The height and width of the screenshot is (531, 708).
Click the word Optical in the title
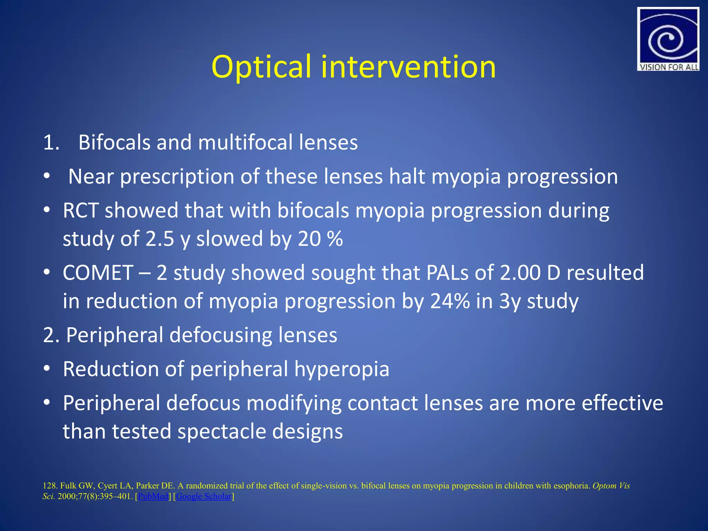coord(261,67)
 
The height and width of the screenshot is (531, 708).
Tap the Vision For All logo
coord(668,39)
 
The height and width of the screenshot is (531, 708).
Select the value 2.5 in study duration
coord(160,239)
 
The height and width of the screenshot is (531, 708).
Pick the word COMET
coord(98,273)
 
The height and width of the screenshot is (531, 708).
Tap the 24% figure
coord(450,301)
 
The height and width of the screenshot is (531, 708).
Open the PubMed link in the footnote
coord(153,496)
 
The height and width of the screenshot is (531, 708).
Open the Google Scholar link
coord(204,496)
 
